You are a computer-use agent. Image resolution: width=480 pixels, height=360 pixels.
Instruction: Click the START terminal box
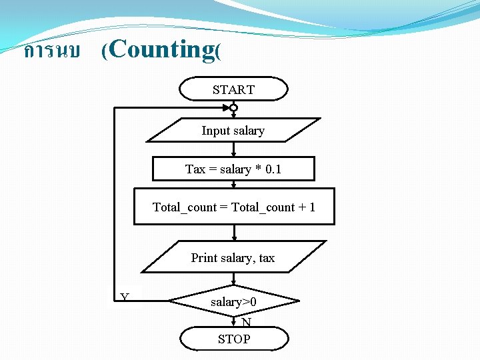[233, 89]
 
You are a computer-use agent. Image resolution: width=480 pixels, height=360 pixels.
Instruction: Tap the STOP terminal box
[234, 339]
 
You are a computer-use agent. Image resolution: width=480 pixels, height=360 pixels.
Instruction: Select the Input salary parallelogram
[233, 131]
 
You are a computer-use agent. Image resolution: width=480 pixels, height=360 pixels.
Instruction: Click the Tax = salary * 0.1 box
[233, 169]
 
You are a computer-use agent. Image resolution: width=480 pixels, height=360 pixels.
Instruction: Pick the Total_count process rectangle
[234, 207]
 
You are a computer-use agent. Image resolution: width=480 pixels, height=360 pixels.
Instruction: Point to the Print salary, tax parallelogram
[233, 258]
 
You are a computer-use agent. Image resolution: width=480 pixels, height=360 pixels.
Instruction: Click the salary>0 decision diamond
[234, 302]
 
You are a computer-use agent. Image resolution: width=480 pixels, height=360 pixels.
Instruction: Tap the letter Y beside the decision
[125, 297]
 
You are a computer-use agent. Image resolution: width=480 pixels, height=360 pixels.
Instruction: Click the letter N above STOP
[247, 323]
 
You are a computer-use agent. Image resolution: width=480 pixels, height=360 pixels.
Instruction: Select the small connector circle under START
[233, 107]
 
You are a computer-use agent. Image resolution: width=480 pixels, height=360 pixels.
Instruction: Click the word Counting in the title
[160, 49]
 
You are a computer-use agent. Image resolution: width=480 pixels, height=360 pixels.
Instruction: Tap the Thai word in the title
[51, 51]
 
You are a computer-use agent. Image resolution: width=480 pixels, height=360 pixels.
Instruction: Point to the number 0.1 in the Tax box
[273, 169]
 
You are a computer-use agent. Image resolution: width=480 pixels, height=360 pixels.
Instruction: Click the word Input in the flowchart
[216, 131]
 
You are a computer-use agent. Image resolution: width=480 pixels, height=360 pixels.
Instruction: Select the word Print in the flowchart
[205, 258]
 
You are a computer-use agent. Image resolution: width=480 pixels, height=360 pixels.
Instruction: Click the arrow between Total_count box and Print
[234, 233]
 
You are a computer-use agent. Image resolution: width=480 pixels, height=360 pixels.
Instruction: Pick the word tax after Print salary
[267, 258]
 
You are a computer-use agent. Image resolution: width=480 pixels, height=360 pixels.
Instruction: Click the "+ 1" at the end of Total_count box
[307, 207]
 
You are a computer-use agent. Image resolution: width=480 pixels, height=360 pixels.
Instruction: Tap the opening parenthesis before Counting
[105, 51]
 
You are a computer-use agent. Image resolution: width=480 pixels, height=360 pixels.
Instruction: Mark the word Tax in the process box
[195, 169]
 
